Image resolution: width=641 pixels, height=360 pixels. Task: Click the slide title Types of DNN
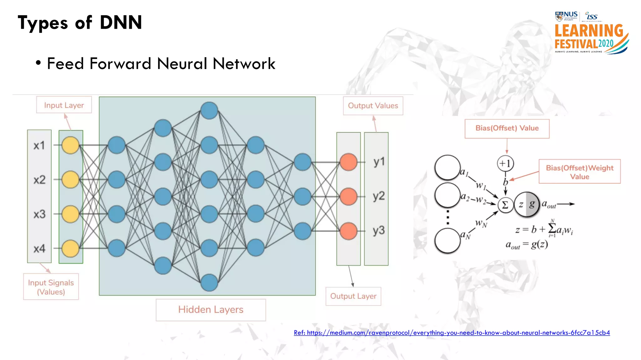click(80, 23)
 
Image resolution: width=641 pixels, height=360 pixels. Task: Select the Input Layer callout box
click(64, 105)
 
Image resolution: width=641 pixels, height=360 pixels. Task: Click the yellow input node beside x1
click(70, 145)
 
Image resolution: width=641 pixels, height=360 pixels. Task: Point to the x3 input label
click(39, 214)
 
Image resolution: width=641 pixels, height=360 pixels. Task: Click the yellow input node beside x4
click(70, 248)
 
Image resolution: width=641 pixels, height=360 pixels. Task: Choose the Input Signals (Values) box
click(51, 287)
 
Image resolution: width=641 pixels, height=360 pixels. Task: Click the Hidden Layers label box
click(211, 310)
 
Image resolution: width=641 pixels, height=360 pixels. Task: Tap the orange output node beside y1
click(348, 162)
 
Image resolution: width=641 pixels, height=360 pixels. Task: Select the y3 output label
click(378, 231)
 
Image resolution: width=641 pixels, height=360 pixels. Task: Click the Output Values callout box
click(373, 106)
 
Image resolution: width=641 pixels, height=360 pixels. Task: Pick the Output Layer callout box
click(353, 296)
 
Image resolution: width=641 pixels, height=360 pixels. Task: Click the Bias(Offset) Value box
click(507, 128)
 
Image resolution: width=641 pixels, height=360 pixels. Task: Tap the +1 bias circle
click(505, 163)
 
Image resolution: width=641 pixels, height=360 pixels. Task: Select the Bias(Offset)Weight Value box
click(579, 172)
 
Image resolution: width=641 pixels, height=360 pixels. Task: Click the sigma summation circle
click(505, 205)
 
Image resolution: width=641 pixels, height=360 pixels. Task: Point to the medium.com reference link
click(452, 333)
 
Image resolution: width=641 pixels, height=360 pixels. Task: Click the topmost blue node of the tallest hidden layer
click(209, 111)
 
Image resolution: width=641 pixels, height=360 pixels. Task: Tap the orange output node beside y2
click(348, 197)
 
